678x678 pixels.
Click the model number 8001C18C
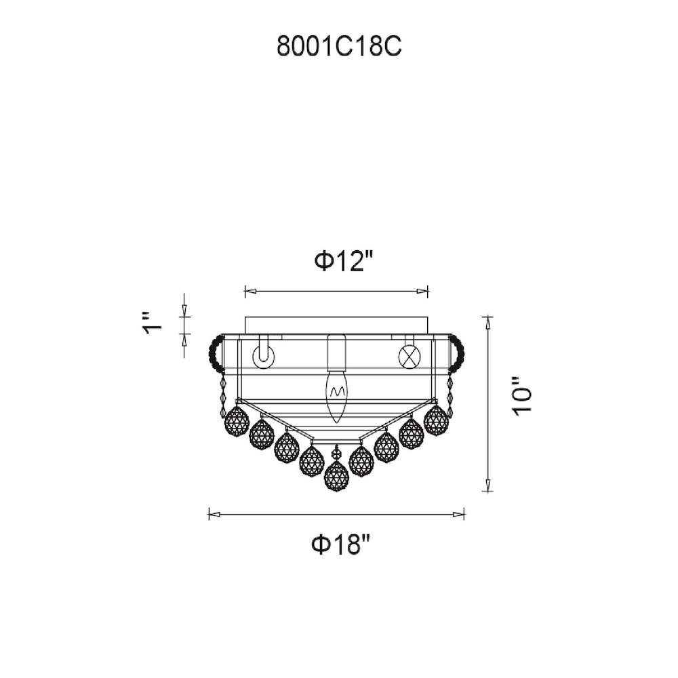[x=339, y=46]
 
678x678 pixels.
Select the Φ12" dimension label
[x=344, y=262]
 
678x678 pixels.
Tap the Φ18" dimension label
[x=341, y=545]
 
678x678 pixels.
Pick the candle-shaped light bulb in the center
[x=337, y=397]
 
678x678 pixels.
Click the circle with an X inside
[x=409, y=357]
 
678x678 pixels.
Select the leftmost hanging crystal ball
[x=237, y=422]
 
